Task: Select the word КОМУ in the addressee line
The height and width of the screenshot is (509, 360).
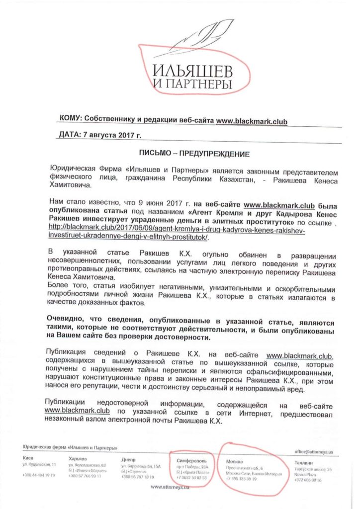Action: (70, 119)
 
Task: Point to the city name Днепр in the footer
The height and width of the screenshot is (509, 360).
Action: (128, 459)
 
